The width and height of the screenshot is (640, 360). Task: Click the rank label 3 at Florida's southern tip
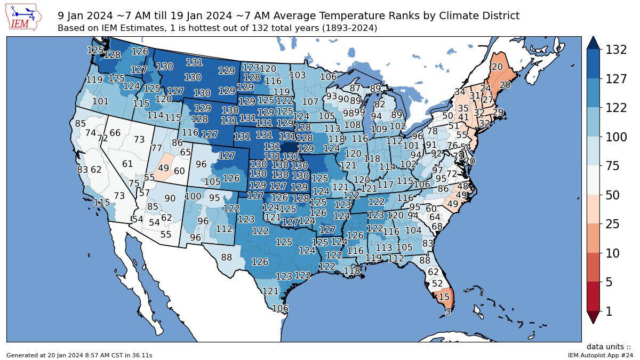tap(447, 311)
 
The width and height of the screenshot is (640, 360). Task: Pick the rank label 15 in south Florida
tap(443, 297)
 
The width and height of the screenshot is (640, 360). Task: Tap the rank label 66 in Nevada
tap(115, 133)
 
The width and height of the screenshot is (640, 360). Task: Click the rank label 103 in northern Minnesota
tap(298, 75)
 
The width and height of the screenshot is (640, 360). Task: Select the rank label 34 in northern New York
tap(460, 92)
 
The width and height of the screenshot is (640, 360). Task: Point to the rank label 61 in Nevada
tap(127, 164)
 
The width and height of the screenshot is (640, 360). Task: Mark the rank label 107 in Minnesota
tap(310, 101)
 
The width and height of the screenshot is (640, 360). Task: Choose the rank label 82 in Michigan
tap(379, 104)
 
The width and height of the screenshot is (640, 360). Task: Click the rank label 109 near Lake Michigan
tap(378, 129)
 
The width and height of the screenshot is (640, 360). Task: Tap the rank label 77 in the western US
tap(156, 148)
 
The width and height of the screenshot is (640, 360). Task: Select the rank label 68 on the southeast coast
tap(437, 226)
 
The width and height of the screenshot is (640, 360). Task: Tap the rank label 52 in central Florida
tap(437, 283)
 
